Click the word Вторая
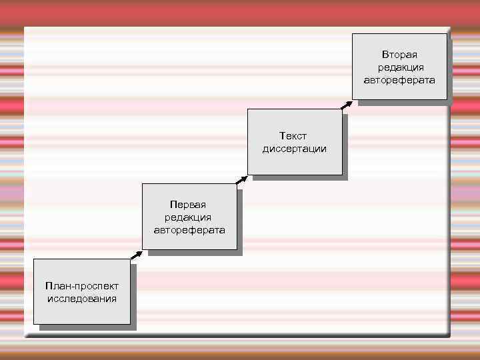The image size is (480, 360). [x=399, y=55]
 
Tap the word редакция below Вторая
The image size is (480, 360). [x=400, y=67]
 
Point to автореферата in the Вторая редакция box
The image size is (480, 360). [x=399, y=80]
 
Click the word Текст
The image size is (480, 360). [x=293, y=136]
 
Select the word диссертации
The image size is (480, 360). [x=294, y=149]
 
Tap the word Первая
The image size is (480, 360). [x=188, y=205]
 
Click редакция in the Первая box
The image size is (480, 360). [x=188, y=217]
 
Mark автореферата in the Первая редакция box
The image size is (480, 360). [x=189, y=230]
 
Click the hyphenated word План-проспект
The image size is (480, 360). [x=82, y=286]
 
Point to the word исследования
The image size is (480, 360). [x=82, y=299]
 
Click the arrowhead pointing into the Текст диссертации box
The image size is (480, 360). [x=245, y=177]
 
